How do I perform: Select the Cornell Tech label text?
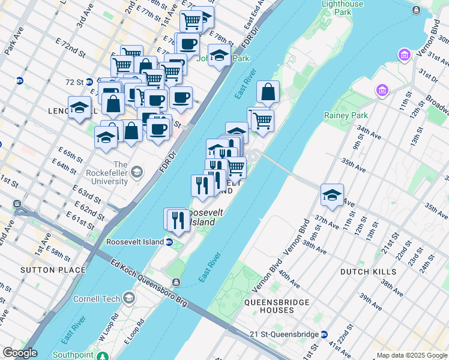(98, 298)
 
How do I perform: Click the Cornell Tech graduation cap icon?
(128, 298)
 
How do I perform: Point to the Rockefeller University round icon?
(137, 173)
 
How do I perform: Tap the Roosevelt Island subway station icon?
(170, 242)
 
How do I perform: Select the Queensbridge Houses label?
(269, 306)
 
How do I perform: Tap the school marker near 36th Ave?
(332, 194)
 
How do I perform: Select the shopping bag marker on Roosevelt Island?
(268, 92)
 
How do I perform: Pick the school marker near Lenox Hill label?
(79, 107)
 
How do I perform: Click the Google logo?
(20, 353)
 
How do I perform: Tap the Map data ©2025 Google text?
(411, 355)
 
